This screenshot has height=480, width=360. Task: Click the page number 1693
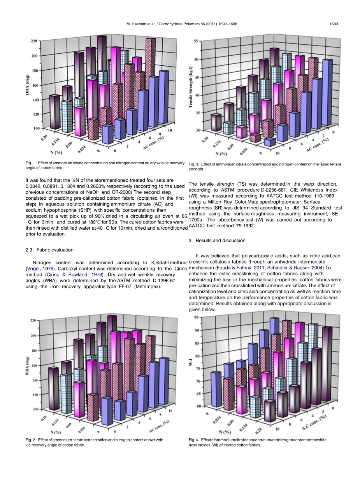334,24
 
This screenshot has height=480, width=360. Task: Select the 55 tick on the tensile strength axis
196,41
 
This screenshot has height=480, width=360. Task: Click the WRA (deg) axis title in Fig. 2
28,366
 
